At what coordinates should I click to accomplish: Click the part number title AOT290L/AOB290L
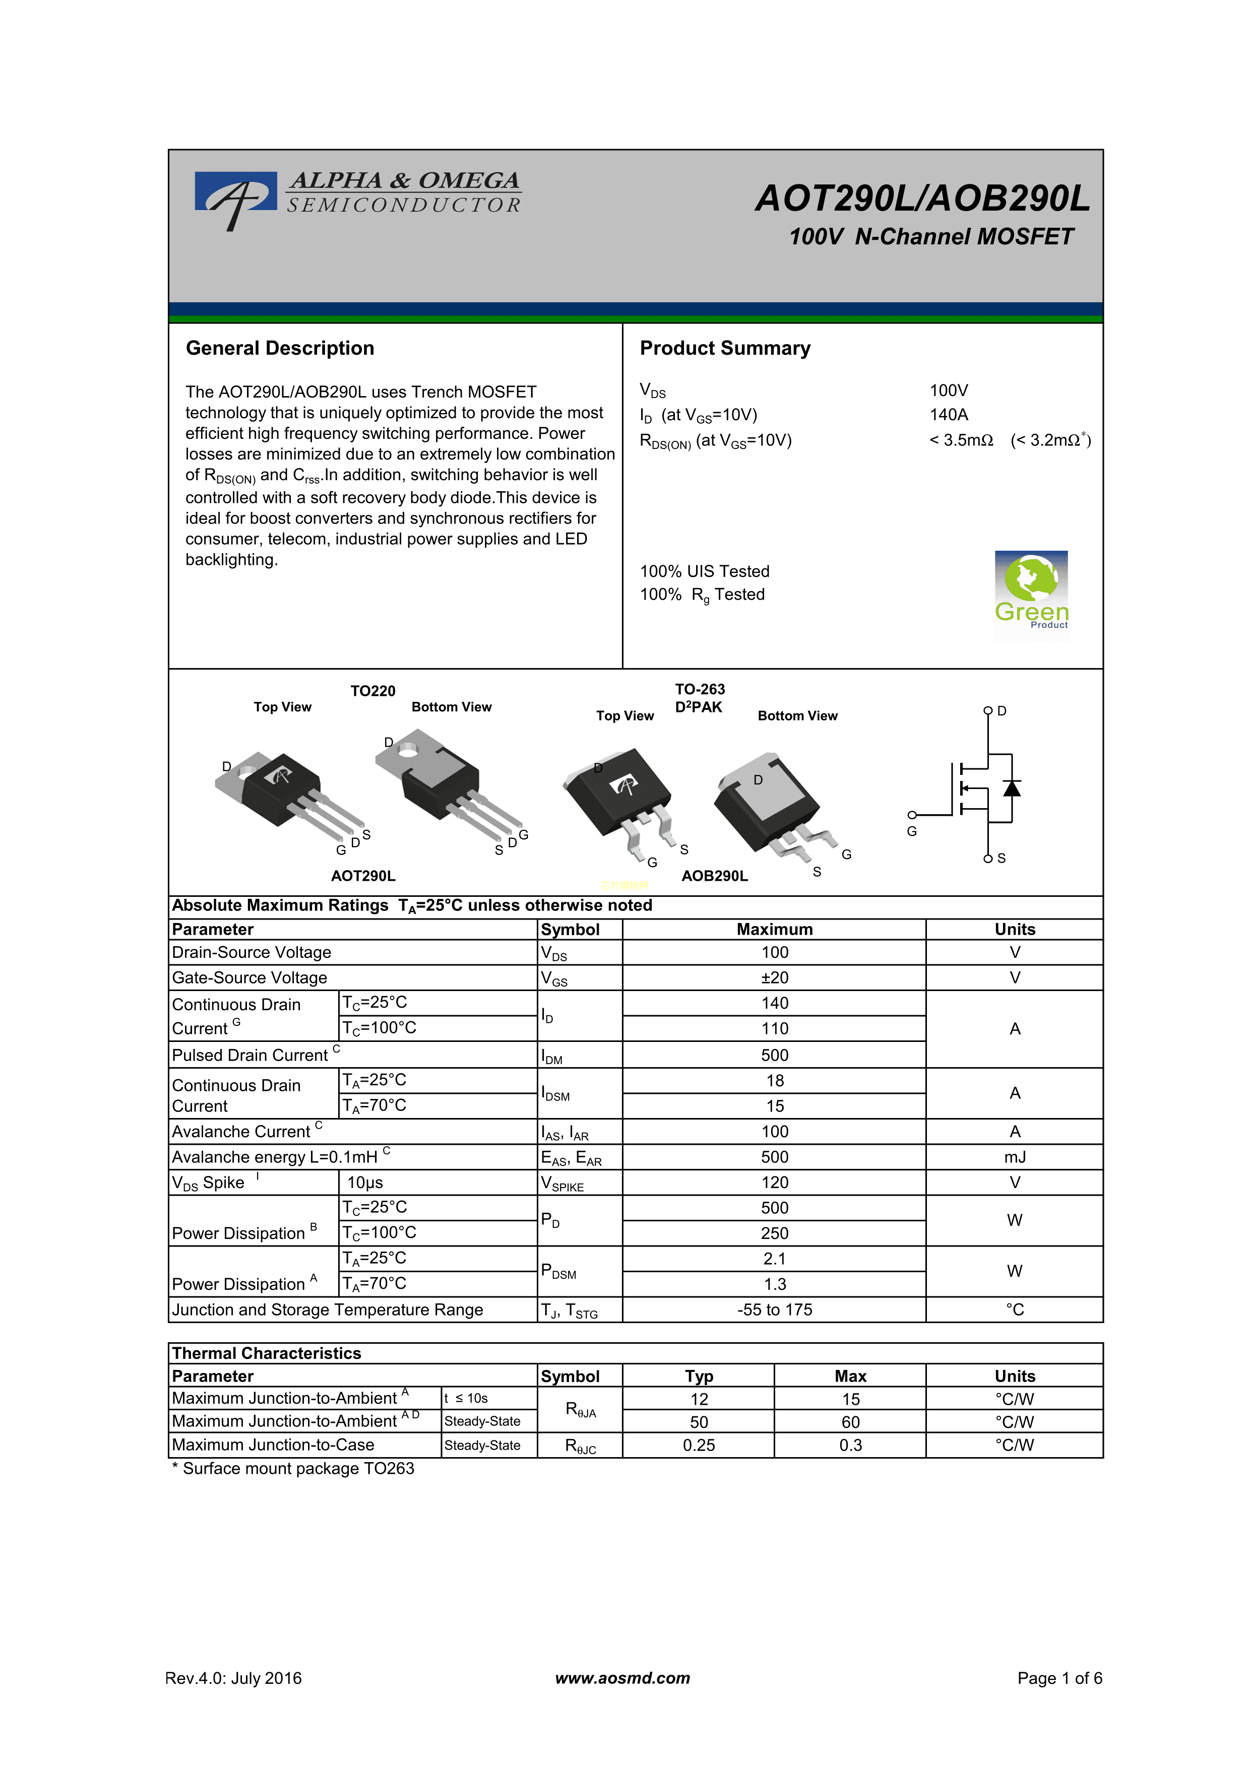[922, 199]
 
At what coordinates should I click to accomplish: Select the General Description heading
[280, 348]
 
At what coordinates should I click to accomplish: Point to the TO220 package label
[373, 691]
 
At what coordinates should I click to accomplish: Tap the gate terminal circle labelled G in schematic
[912, 815]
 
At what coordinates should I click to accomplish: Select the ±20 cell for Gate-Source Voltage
[774, 978]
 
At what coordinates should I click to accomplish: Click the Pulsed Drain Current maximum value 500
[774, 1055]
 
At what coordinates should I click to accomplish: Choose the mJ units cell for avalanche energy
[1014, 1157]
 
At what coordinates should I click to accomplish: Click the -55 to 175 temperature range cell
[774, 1310]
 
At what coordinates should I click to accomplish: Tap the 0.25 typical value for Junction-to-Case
[699, 1446]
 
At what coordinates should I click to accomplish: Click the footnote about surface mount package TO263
[293, 1468]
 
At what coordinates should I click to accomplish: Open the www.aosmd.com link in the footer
[622, 1678]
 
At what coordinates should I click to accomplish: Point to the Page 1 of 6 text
[1059, 1678]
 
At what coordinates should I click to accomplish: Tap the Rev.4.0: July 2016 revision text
[233, 1678]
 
